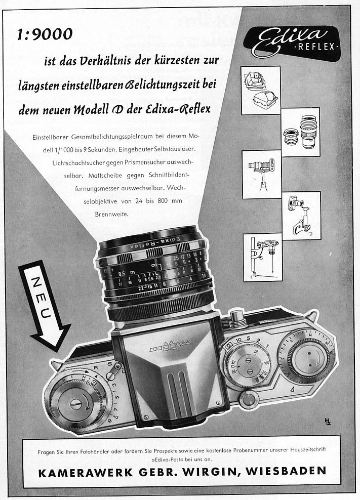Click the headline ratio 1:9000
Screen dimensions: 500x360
(45, 34)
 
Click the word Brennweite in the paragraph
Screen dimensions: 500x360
(112, 214)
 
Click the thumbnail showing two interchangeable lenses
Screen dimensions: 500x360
(300, 132)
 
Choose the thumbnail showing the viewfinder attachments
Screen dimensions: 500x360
(260, 90)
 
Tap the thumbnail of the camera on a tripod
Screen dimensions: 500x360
(261, 174)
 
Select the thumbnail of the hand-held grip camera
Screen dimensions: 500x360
(301, 216)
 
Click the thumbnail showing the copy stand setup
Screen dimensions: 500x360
(262, 258)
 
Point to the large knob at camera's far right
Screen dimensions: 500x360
(308, 358)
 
